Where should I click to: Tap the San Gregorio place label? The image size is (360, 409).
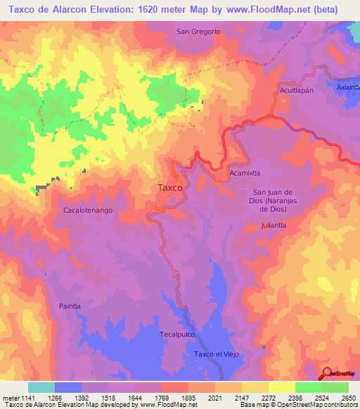point(198,32)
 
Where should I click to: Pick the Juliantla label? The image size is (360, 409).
point(274,226)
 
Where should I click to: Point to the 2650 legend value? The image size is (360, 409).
point(348,398)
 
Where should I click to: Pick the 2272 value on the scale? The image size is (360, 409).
point(269,398)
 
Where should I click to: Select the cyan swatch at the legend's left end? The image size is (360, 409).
point(41,387)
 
